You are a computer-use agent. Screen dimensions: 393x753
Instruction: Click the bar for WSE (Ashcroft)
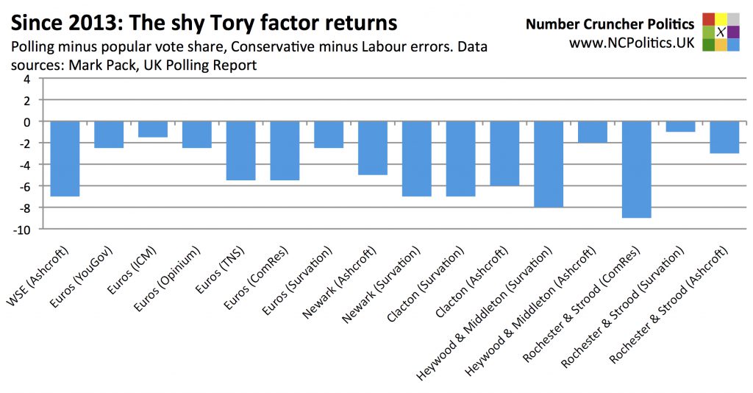click(x=65, y=158)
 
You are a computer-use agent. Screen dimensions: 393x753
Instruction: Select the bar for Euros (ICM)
click(x=153, y=129)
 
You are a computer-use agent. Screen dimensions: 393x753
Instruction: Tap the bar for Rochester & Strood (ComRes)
click(x=637, y=169)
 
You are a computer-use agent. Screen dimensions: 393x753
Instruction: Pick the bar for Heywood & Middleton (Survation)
click(x=549, y=164)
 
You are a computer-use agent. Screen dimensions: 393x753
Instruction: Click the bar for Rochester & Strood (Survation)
click(x=680, y=126)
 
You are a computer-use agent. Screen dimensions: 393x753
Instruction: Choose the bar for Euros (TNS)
click(x=240, y=150)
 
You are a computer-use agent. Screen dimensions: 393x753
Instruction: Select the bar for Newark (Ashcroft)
click(x=373, y=147)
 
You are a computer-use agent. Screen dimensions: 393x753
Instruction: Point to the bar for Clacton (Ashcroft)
click(x=504, y=153)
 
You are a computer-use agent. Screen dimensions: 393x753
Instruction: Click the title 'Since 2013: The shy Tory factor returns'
click(x=204, y=23)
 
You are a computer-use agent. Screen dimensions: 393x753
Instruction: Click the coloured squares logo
click(x=721, y=32)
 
